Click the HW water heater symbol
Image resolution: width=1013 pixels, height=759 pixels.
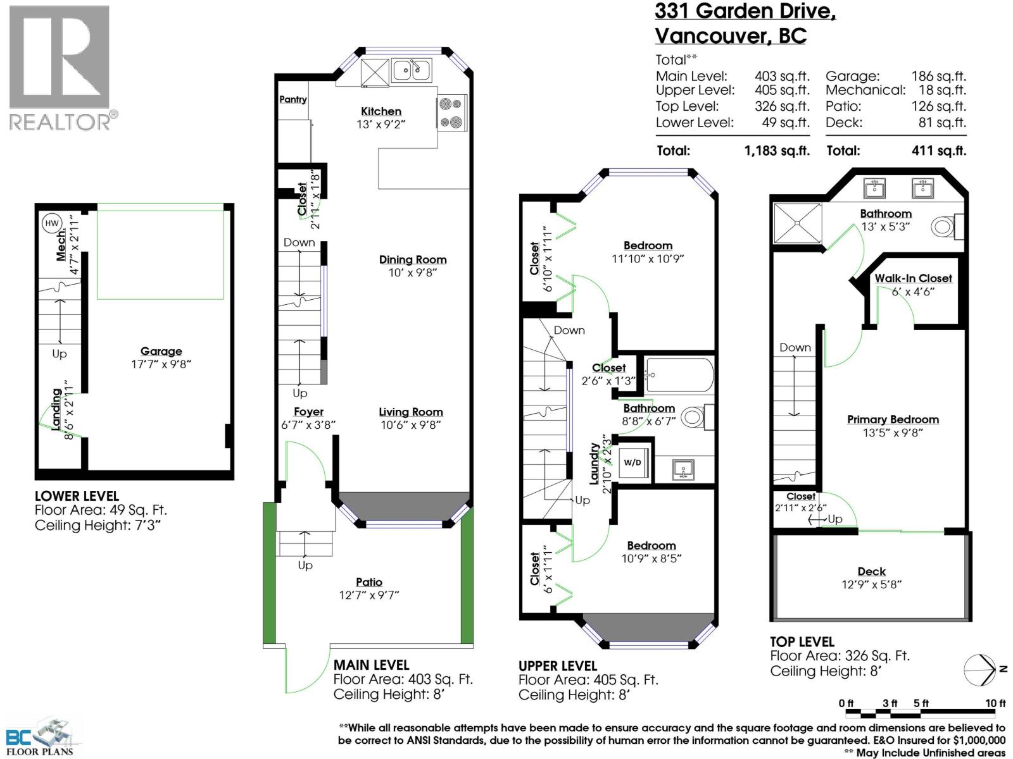52,223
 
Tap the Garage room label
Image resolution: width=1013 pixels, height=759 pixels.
161,351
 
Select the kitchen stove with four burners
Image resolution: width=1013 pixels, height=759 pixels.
452,113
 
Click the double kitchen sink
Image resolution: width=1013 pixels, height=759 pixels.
412,69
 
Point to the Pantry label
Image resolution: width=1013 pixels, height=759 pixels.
293,99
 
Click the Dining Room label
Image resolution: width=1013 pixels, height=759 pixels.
413,259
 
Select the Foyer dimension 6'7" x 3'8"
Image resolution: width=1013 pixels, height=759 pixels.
308,425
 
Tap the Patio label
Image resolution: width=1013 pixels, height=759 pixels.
369,582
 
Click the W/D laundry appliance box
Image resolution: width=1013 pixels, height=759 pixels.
632,462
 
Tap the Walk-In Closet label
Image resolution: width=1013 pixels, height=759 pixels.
913,278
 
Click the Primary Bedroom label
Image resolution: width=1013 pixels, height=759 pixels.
893,419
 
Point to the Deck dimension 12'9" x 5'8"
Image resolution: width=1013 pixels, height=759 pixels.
871,584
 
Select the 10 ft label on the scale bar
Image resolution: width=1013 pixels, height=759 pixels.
995,703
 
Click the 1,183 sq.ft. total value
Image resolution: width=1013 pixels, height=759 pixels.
777,151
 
